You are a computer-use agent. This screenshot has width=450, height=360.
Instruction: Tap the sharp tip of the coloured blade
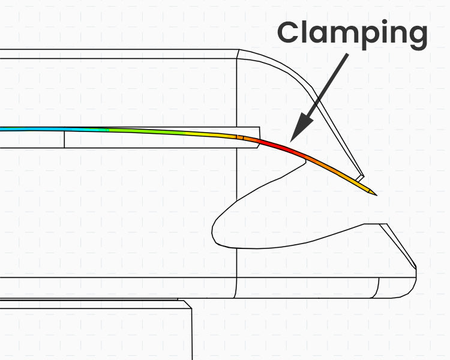pos(376,194)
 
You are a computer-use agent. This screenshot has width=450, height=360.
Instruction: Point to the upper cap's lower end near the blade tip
pos(360,177)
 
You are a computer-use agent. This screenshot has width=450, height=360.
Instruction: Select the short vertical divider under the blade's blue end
pos(64,139)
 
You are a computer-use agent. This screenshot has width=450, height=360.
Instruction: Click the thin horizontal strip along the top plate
pos(120,54)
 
